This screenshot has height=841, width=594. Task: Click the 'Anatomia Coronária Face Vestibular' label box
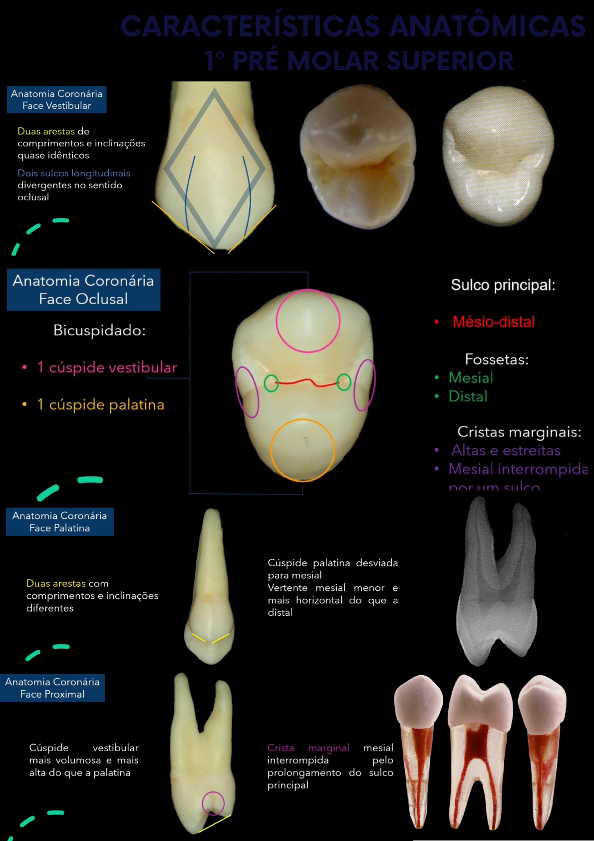[56, 99]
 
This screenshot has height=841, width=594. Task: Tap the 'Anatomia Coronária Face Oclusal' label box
[83, 290]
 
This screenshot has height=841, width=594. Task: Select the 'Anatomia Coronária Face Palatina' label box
[59, 522]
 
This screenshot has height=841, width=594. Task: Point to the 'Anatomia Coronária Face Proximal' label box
[52, 688]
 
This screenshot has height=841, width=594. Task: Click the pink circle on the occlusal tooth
[308, 321]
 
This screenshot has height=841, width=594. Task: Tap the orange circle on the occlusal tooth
[302, 450]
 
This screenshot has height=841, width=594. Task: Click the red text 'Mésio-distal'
[493, 322]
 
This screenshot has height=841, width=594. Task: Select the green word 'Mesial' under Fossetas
[471, 378]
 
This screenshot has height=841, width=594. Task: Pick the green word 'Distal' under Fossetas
[468, 396]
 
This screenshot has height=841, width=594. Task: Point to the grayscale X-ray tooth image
[497, 582]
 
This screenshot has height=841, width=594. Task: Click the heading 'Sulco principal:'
[503, 285]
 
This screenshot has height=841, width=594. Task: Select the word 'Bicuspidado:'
[99, 330]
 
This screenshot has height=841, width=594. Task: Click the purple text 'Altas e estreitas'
[506, 450]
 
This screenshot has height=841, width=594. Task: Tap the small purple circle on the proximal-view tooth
[213, 803]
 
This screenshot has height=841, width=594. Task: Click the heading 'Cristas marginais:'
[519, 431]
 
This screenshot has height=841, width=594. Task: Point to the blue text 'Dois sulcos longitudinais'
[74, 173]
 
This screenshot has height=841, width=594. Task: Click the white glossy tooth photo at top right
[498, 155]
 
